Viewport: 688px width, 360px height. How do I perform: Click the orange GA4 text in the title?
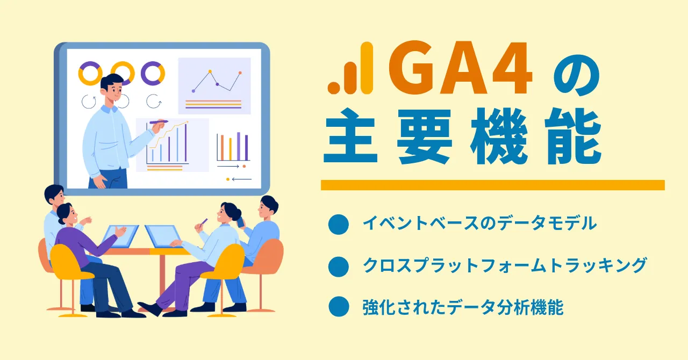click(461, 68)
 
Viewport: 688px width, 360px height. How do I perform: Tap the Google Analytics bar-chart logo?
click(350, 68)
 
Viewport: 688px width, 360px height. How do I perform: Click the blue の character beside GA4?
click(577, 76)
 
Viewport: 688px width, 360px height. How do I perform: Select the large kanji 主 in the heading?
click(350, 136)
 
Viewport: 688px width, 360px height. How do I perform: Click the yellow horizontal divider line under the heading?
click(493, 185)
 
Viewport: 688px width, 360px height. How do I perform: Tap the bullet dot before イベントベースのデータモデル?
click(339, 224)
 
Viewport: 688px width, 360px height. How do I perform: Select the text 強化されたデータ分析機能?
click(463, 307)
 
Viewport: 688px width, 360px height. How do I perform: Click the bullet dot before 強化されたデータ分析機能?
click(339, 306)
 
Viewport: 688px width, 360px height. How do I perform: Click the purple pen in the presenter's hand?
click(159, 122)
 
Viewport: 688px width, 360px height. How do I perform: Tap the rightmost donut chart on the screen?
click(153, 74)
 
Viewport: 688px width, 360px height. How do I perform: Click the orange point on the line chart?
click(240, 73)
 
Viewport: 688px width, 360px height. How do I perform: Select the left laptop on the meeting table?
click(120, 236)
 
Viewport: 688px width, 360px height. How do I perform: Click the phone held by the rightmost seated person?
click(240, 222)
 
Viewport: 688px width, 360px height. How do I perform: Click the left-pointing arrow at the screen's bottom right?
click(242, 179)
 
